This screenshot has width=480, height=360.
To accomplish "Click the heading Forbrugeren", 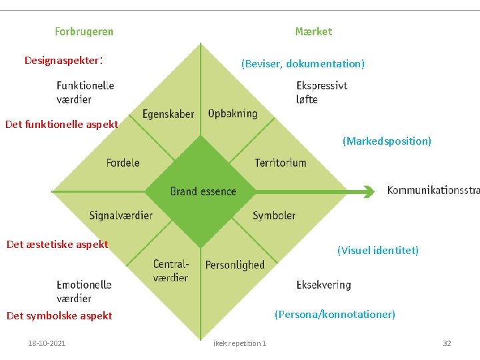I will (x=84, y=31).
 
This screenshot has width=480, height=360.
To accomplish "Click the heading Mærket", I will (x=313, y=31).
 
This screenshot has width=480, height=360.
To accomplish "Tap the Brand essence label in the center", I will (x=203, y=191).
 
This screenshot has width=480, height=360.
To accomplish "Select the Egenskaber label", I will (x=168, y=114).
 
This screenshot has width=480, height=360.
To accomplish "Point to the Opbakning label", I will (x=233, y=113).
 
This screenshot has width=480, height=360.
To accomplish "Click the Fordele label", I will (x=123, y=163).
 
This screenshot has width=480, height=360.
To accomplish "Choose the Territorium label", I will (x=281, y=163).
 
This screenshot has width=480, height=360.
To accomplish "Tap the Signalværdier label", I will (x=121, y=215).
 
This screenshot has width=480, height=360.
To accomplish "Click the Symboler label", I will (x=274, y=215).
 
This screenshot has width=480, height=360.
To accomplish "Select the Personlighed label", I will (x=235, y=265).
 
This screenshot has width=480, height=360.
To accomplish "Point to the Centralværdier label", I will (x=171, y=271).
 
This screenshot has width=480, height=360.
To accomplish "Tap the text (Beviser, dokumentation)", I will (x=303, y=64).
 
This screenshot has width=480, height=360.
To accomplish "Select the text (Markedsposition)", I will (x=387, y=141).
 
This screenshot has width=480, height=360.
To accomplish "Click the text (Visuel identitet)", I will (x=378, y=251).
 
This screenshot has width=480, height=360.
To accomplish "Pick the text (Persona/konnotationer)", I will (x=335, y=314).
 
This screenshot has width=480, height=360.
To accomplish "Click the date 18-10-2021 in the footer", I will (x=47, y=343).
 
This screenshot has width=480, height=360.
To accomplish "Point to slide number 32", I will (x=447, y=343).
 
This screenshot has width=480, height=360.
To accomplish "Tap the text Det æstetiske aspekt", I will (x=57, y=244).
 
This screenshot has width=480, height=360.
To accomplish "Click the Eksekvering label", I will (x=323, y=285).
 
